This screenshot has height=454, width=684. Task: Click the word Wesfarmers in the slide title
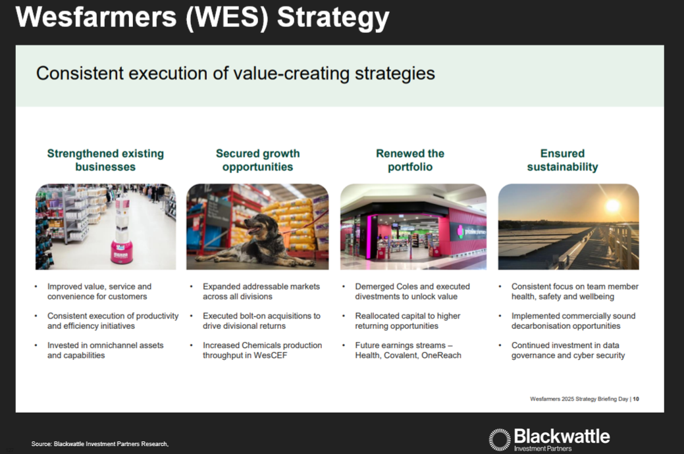pos(96,17)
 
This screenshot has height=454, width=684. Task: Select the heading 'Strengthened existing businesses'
pos(105,160)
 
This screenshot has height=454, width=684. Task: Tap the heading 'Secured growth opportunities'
pos(258,160)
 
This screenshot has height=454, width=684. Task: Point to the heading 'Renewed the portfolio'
pos(410,160)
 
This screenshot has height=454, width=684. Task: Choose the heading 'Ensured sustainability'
pos(563,160)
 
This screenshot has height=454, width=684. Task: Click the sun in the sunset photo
pos(613,205)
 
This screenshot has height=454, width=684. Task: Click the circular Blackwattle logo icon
pos(500,439)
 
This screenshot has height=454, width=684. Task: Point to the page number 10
pos(636,399)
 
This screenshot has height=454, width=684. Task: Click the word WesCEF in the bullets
pos(271,355)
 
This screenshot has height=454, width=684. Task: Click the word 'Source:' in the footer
pos(41,444)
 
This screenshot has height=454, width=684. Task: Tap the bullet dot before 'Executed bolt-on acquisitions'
pos(192,315)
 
